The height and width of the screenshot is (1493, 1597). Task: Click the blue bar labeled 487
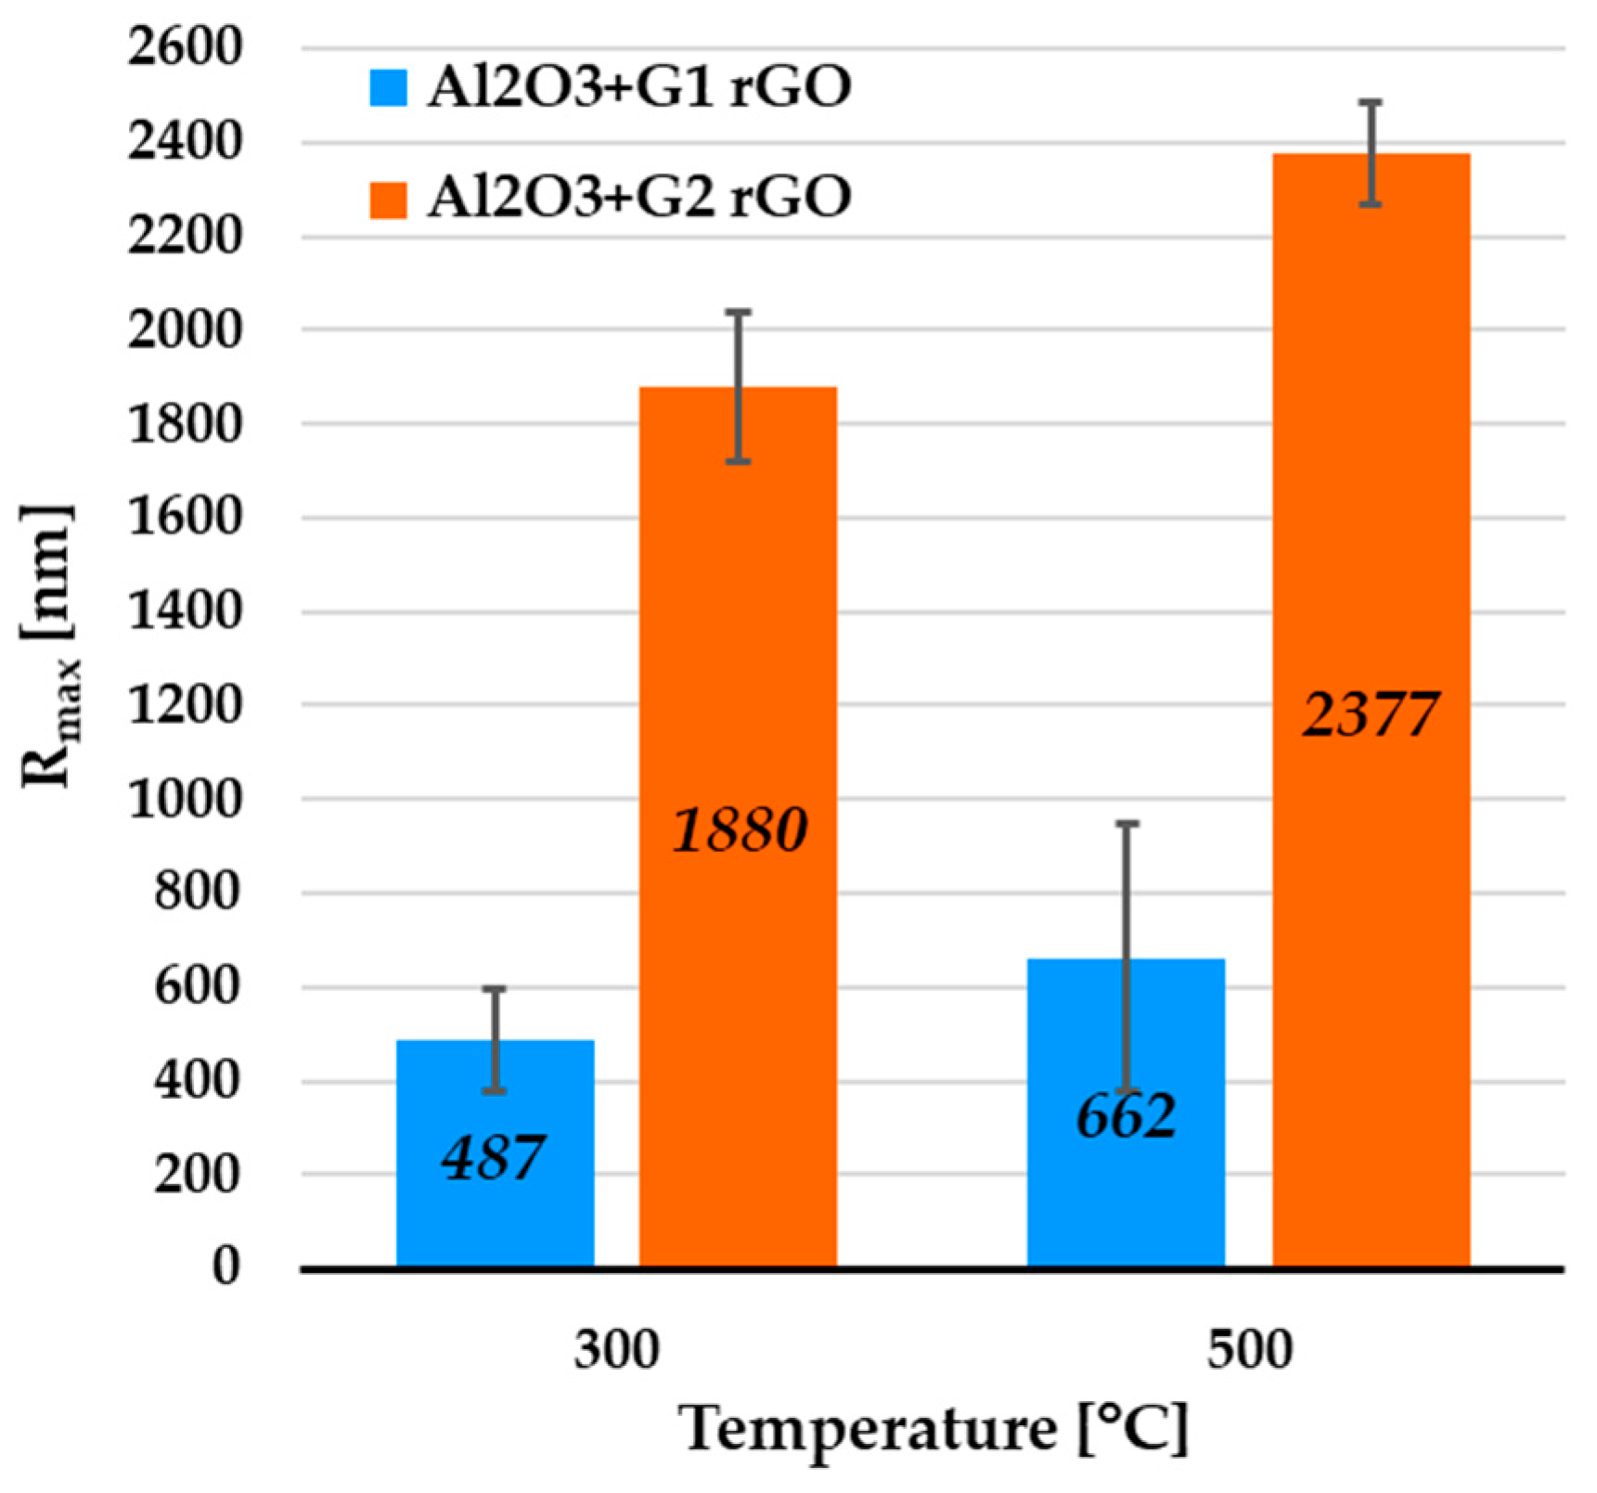pos(495,1206)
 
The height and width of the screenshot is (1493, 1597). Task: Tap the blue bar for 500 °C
pos(1126,1188)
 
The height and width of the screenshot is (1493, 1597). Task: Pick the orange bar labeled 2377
pos(1371,928)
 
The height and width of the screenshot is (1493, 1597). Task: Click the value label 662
pos(1126,1116)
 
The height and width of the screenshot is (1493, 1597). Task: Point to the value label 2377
pos(1370,714)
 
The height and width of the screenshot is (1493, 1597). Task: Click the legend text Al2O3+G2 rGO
pos(638,198)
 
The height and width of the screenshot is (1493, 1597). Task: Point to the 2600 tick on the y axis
pos(184,47)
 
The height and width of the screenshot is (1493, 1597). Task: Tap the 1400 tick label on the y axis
pos(184,611)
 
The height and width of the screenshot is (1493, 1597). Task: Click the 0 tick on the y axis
pos(225,1266)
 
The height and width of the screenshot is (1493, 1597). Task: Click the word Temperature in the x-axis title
pos(868,1430)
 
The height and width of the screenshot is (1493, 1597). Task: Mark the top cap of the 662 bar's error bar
pos(1126,823)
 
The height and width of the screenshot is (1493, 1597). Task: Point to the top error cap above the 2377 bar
pos(1371,102)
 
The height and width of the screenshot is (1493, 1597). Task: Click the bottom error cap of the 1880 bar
pos(738,461)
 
